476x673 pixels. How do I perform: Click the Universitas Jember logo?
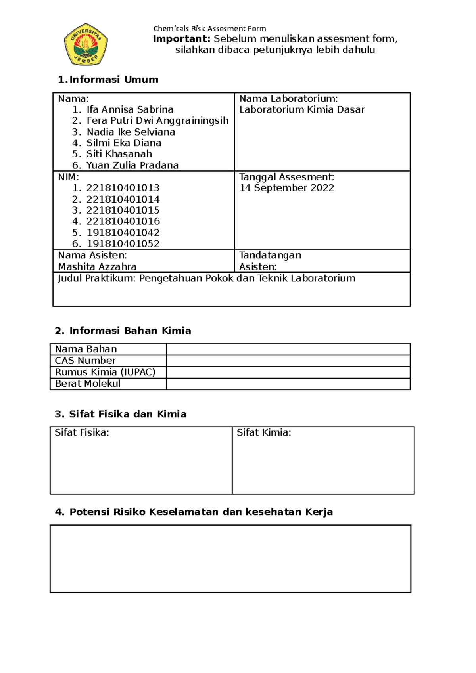coord(86,44)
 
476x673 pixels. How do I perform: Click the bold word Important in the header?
coord(182,39)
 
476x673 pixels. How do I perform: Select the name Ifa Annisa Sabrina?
coord(130,109)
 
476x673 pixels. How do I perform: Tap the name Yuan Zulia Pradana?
coord(132,165)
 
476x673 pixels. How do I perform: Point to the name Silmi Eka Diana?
coord(124,143)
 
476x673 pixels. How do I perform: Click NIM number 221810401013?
coord(123,188)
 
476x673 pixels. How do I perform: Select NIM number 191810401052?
coord(123,244)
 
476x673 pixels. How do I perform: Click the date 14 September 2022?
coord(286,188)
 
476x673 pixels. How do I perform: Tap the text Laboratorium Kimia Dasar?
coord(301,110)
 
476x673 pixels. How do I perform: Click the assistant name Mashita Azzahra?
coord(97,267)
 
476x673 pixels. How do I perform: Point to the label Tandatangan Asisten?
coord(270,261)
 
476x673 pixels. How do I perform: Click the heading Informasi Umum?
coord(113,80)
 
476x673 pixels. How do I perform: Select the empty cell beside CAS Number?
coord(288,361)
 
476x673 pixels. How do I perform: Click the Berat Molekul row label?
coord(88,384)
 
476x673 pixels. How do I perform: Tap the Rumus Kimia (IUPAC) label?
coord(105,372)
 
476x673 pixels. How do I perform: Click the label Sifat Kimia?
coord(264,433)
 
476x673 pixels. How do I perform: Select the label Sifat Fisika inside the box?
coord(82,433)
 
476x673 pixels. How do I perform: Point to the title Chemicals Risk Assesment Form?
coord(209,29)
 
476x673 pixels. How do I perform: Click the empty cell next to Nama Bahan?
coord(288,349)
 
